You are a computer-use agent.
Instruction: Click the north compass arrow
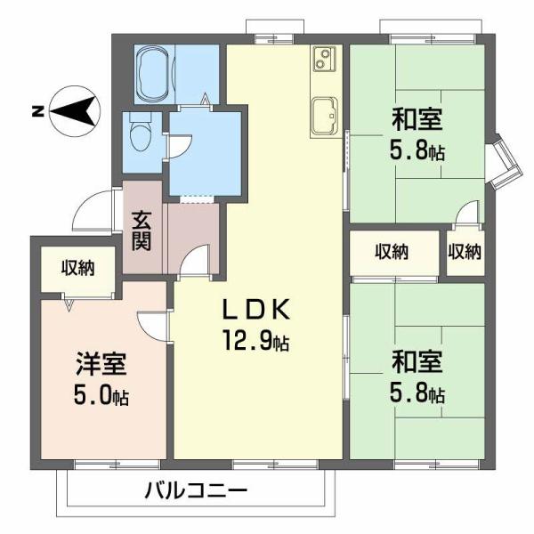(78, 111)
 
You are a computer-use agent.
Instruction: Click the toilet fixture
(139, 135)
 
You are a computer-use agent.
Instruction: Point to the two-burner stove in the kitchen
(321, 61)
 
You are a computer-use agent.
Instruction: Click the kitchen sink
(324, 115)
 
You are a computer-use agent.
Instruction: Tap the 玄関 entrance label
(142, 230)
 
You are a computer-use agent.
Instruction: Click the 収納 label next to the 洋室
(77, 266)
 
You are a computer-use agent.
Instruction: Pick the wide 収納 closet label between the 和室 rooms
(392, 252)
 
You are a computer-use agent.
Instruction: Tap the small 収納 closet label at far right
(465, 252)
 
